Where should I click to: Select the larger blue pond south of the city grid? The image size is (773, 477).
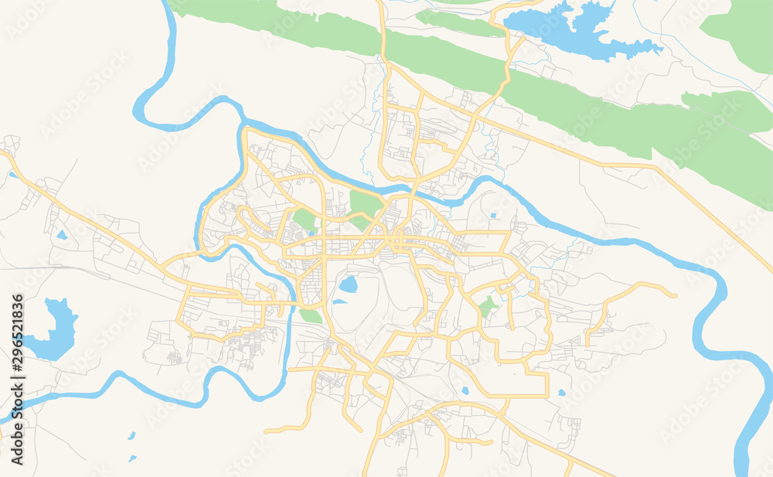pyautogui.click(x=349, y=284)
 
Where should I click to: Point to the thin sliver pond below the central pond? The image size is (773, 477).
pyautogui.click(x=340, y=302)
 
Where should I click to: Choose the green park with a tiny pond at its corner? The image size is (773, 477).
pyautogui.click(x=305, y=220)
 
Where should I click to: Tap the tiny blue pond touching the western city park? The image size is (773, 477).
pyautogui.click(x=312, y=232)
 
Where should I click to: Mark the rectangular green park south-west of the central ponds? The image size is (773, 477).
pyautogui.click(x=311, y=315)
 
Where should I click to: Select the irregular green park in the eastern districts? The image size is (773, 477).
pyautogui.click(x=488, y=306)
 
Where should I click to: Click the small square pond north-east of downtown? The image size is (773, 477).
pyautogui.click(x=492, y=216)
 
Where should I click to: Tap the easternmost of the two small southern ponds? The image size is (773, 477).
pyautogui.click(x=562, y=392)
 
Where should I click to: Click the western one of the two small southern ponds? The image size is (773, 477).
pyautogui.click(x=464, y=390)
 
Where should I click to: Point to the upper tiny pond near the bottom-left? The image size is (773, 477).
pyautogui.click(x=132, y=436)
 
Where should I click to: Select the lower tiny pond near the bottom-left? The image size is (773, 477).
pyautogui.click(x=132, y=458)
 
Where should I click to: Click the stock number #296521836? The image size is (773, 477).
pyautogui.click(x=18, y=340)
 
